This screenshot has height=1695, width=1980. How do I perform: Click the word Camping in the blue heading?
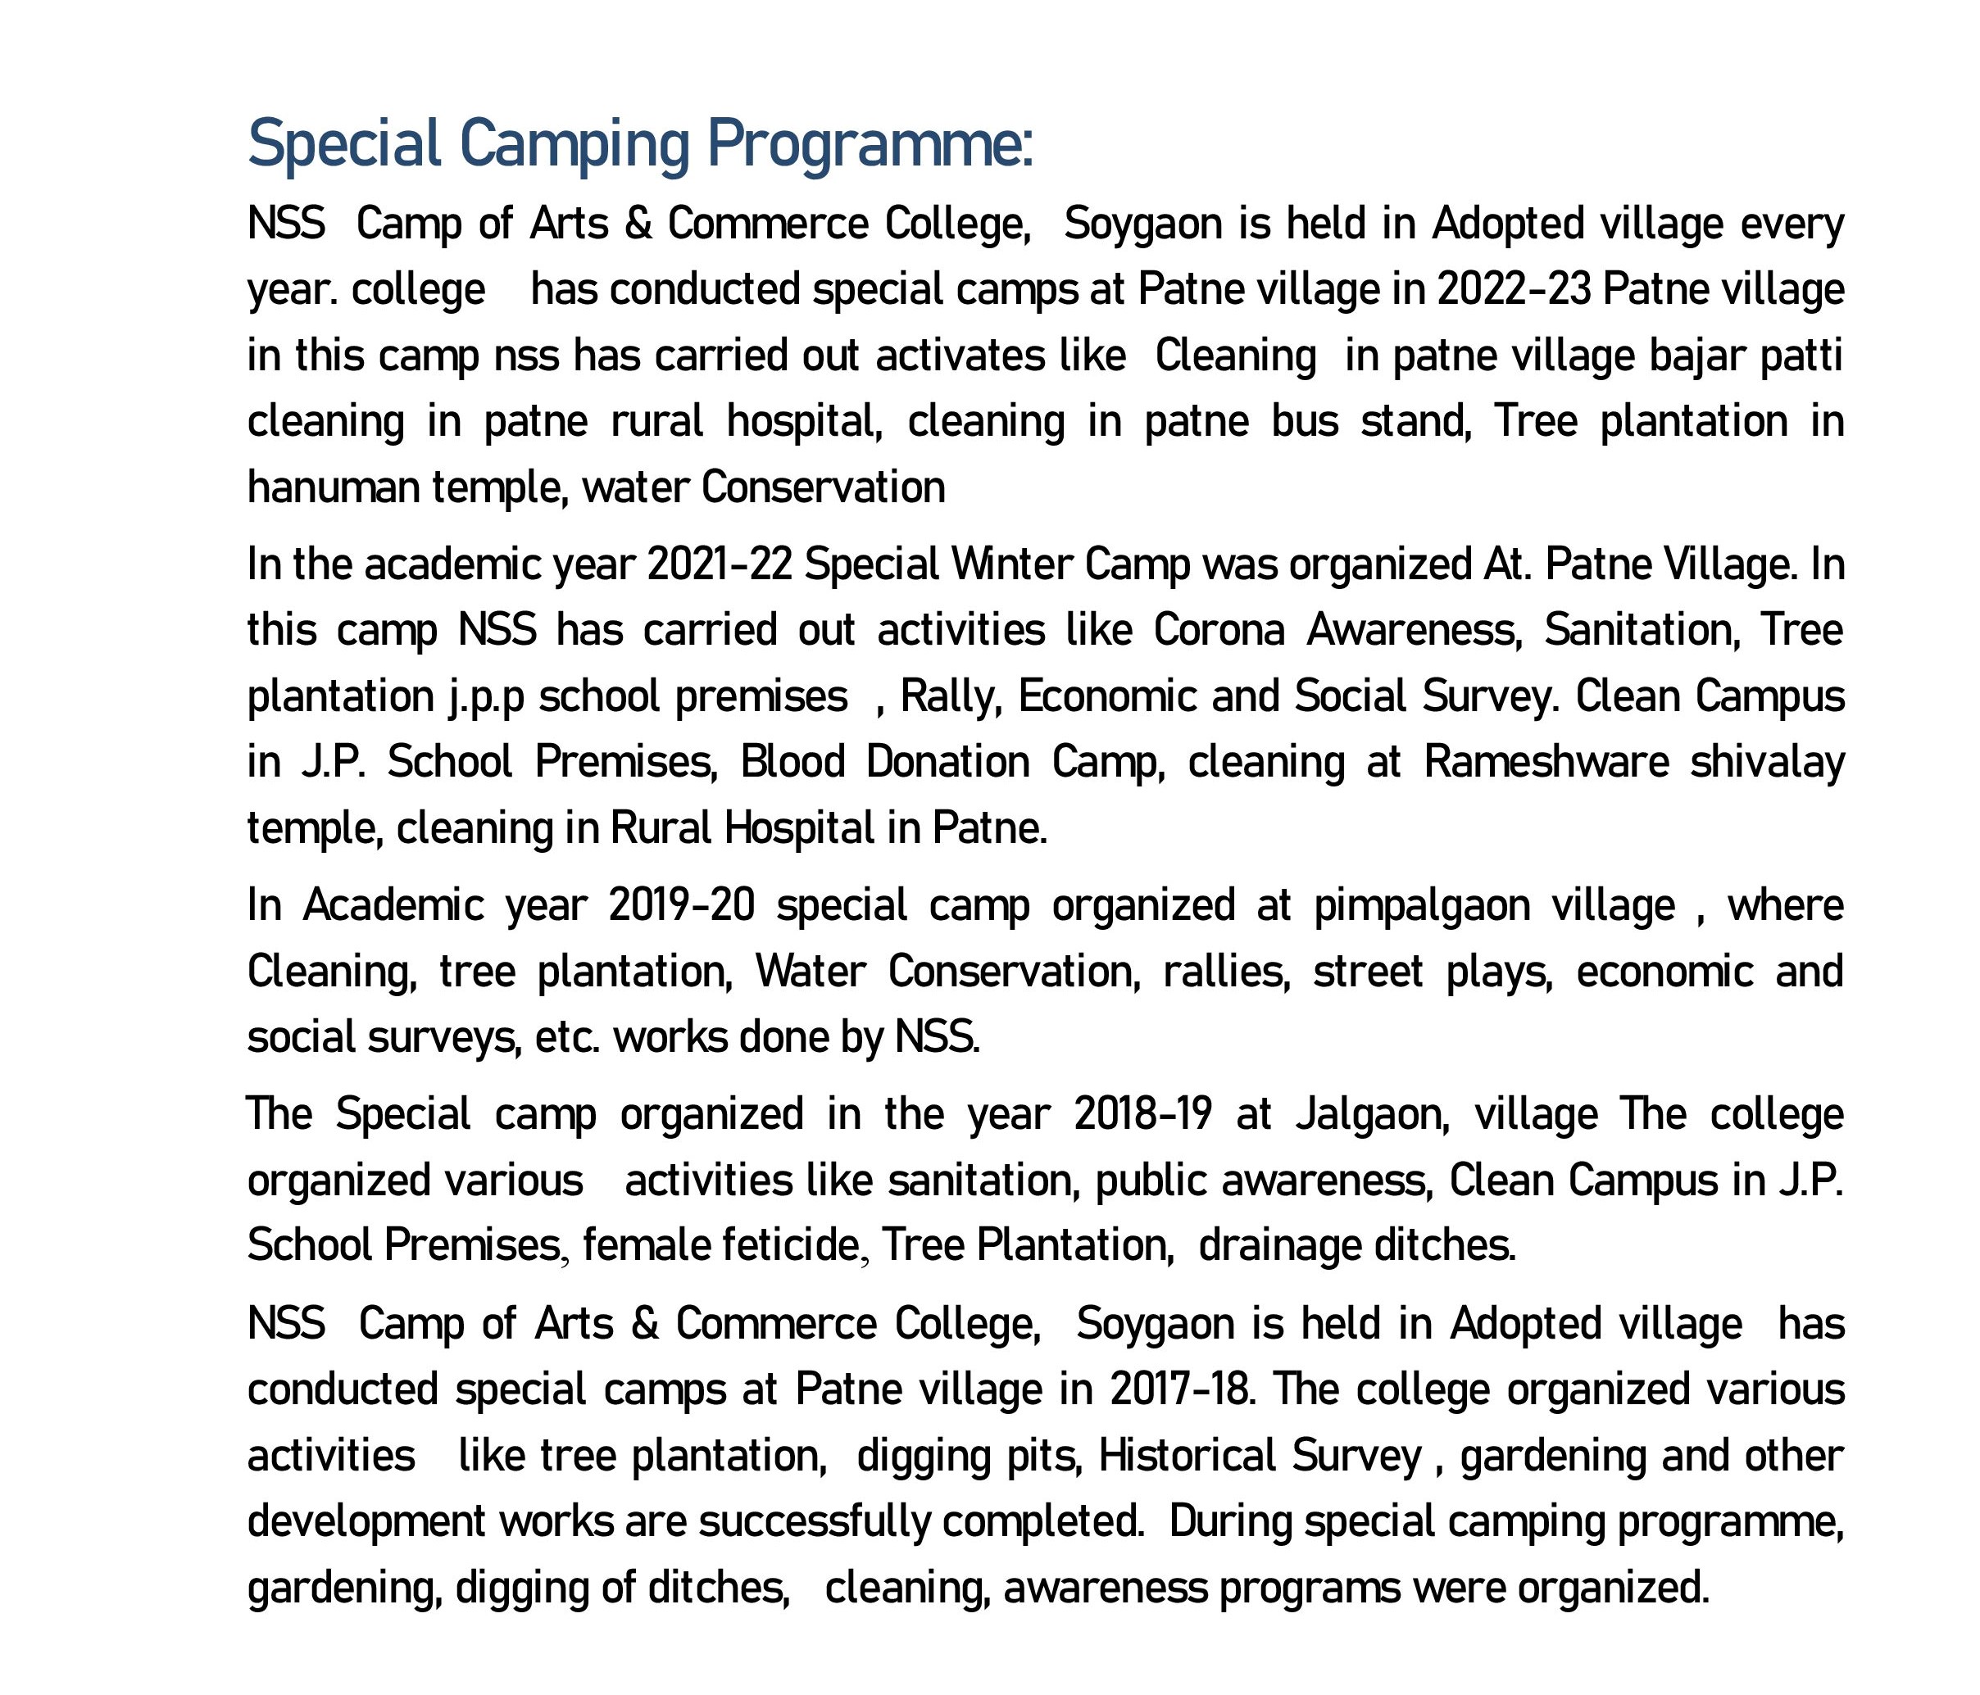[x=574, y=145]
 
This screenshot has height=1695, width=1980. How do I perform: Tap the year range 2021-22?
[x=720, y=564]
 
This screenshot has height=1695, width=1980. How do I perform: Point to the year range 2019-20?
[x=681, y=904]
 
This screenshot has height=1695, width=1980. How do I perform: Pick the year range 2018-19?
[x=1143, y=1114]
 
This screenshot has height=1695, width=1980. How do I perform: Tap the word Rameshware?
[x=1546, y=763]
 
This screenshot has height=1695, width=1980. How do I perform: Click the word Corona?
[x=1219, y=631]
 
